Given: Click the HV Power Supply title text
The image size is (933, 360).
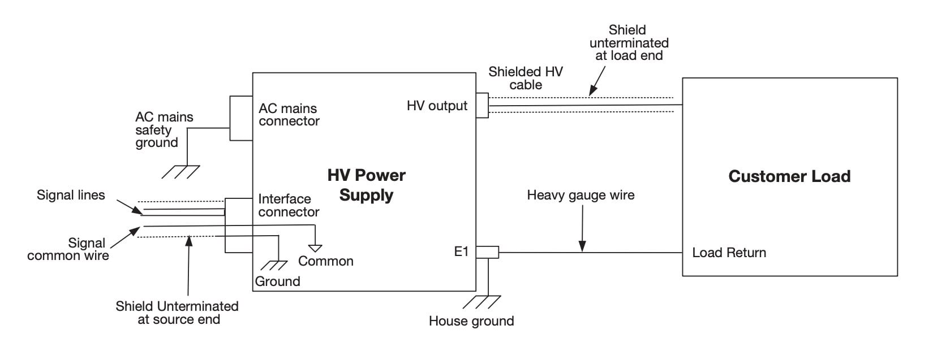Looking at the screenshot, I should coord(366,185).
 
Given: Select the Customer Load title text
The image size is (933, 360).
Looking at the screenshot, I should coord(789,176).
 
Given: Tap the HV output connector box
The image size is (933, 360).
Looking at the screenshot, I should coord(482,106).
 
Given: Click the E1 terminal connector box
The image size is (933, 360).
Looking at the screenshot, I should coord(487,252).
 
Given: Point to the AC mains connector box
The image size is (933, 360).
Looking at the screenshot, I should coord(240,118).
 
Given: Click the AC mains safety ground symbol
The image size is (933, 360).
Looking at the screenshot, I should coord(180,172).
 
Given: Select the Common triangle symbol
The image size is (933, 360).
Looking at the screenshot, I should coord(315,248).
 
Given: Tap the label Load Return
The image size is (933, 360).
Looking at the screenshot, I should coord(729,253).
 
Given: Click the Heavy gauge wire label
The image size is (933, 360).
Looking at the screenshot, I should coord(581,196).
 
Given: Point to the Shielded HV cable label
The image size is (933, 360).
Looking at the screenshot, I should coord(526,79).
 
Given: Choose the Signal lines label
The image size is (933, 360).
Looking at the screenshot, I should coord(71,196).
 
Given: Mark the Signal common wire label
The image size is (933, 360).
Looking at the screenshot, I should coord(68,249).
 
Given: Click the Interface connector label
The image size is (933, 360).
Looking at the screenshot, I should coord(289,206).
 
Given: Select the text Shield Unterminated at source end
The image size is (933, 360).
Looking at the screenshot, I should coord(177,313).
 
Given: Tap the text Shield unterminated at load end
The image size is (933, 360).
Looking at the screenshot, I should coord(629,43).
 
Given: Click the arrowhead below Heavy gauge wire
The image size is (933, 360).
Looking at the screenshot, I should coord(582,246).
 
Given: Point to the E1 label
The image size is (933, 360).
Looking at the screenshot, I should coord(462,252).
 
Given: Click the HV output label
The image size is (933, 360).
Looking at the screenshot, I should coord(437,106).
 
